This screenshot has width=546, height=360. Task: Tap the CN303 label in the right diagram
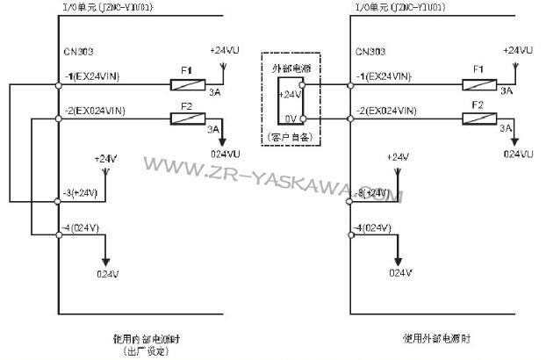368,53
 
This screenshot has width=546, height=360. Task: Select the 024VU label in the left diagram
224,154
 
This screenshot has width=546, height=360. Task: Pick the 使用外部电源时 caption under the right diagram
436,338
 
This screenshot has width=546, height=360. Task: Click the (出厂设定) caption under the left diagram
147,350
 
